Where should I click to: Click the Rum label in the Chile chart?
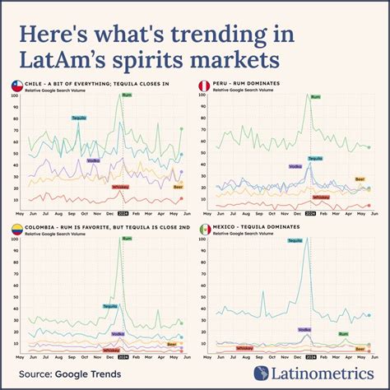126,95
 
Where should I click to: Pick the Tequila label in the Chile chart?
79,118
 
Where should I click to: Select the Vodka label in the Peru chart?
295,166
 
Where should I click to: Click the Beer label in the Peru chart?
360,179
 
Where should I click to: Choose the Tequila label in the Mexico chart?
295,240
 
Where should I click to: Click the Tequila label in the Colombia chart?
109,306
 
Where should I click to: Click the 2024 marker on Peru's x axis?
311,212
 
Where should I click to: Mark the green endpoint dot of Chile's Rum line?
181,128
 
